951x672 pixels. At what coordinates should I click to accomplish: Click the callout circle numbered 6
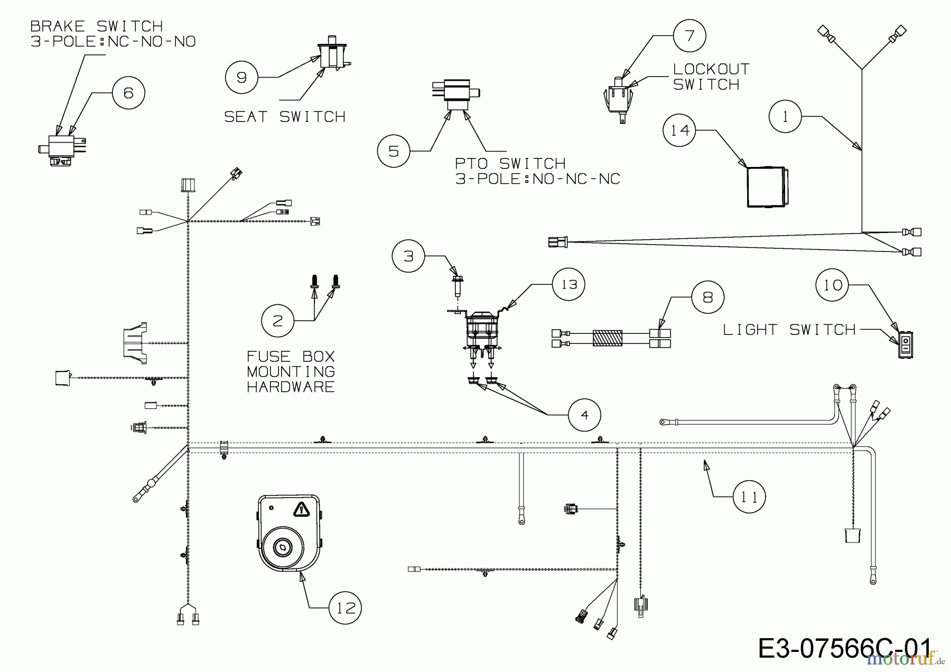(x=128, y=93)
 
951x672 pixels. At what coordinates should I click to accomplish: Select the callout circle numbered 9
(x=241, y=78)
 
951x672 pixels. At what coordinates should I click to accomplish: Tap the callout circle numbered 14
(x=680, y=130)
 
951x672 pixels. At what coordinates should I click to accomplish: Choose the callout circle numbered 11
(x=749, y=497)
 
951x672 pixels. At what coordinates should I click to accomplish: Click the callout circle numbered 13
(x=568, y=284)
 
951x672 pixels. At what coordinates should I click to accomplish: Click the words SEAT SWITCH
(x=285, y=117)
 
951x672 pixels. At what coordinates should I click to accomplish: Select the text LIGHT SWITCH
(x=789, y=330)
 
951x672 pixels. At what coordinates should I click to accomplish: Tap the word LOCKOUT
(x=711, y=69)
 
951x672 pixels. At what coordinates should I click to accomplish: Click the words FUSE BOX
(x=291, y=356)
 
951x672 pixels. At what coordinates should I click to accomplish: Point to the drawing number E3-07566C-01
(x=844, y=648)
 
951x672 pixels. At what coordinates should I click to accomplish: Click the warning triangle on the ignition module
(x=301, y=509)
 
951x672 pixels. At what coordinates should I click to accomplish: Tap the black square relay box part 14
(x=766, y=187)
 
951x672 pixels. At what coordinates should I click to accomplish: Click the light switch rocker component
(x=906, y=345)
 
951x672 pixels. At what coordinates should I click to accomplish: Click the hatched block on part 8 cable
(x=607, y=338)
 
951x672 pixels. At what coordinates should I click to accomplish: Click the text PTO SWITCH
(x=510, y=163)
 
